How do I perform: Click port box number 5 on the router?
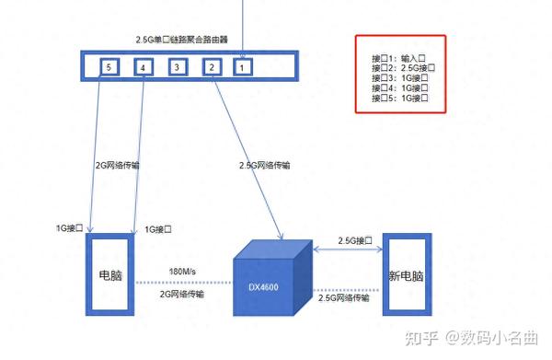(x=109, y=67)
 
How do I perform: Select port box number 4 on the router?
(x=142, y=67)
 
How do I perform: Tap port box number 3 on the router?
(x=178, y=67)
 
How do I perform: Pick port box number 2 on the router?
(x=211, y=67)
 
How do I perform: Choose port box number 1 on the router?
(x=242, y=67)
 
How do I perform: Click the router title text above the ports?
(x=180, y=41)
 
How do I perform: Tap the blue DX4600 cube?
(x=267, y=281)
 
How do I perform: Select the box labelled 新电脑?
(x=406, y=275)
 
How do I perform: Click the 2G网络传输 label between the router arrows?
(x=118, y=166)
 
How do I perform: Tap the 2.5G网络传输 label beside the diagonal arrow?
(x=264, y=166)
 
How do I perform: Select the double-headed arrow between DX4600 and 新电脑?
(x=347, y=250)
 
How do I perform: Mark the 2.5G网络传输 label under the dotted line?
(x=344, y=297)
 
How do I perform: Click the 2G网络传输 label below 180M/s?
(x=182, y=294)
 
